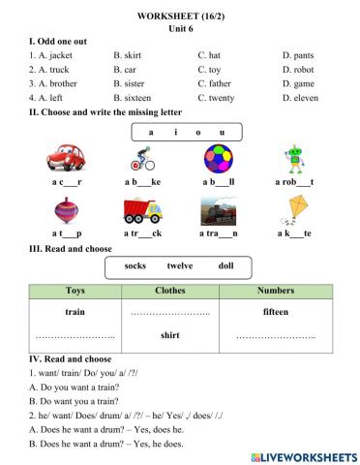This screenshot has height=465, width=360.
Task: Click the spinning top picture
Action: click(x=66, y=213)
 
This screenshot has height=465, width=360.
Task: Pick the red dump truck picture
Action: click(x=142, y=213)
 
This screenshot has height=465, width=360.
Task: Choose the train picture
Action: click(x=218, y=213)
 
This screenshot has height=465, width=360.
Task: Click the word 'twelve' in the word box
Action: click(x=180, y=265)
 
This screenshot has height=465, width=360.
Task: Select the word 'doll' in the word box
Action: click(x=225, y=265)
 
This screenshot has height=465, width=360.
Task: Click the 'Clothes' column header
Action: click(x=169, y=290)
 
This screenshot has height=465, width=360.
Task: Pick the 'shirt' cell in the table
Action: click(x=169, y=335)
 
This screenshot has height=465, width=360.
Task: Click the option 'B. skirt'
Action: click(x=129, y=56)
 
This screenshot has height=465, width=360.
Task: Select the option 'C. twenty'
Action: click(x=218, y=98)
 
